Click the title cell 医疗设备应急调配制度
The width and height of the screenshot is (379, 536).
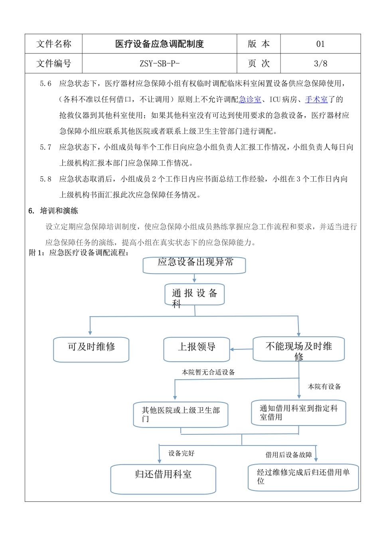[160, 44]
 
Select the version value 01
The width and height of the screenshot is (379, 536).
[320, 44]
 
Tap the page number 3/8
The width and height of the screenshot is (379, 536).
[320, 63]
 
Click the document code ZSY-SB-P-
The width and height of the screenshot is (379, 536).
[160, 63]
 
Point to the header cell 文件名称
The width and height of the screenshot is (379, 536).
[54, 44]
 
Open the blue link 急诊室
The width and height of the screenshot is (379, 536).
[250, 99]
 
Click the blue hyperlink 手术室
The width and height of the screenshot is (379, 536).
[316, 99]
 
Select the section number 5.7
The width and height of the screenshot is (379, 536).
[45, 147]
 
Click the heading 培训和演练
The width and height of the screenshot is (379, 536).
[59, 211]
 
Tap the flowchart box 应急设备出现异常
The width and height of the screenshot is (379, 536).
[195, 265]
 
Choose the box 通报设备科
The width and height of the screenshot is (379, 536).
[195, 295]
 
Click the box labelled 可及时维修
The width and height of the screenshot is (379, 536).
[91, 350]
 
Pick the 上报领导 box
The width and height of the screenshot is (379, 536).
[197, 349]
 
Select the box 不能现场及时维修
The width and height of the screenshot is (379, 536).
[299, 349]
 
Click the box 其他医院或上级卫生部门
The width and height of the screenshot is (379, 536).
[181, 415]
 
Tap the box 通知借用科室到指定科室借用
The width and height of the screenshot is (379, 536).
[298, 413]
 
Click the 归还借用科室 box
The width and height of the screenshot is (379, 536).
[163, 479]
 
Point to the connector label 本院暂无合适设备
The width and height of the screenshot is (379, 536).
[208, 372]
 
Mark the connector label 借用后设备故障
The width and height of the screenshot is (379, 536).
[289, 455]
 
